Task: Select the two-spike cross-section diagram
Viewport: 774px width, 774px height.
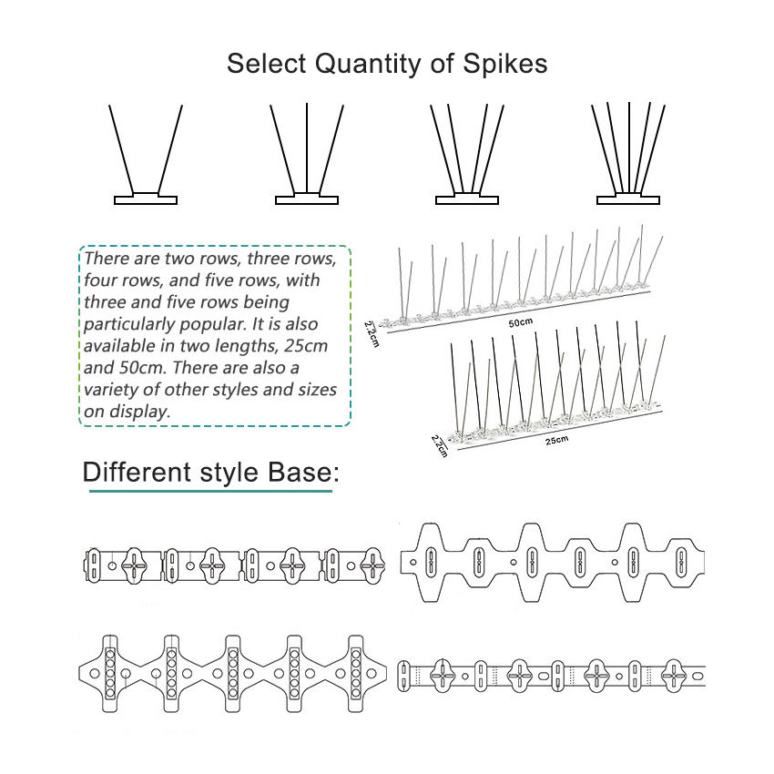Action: tap(146, 155)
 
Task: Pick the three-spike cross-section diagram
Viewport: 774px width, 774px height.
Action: tap(306, 155)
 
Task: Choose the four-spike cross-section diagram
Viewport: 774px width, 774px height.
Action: tap(467, 155)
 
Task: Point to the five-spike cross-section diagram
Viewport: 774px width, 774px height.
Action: tap(628, 155)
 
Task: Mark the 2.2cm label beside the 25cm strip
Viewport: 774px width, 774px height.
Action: tap(439, 446)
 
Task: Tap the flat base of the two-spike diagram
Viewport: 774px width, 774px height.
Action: tap(146, 199)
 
